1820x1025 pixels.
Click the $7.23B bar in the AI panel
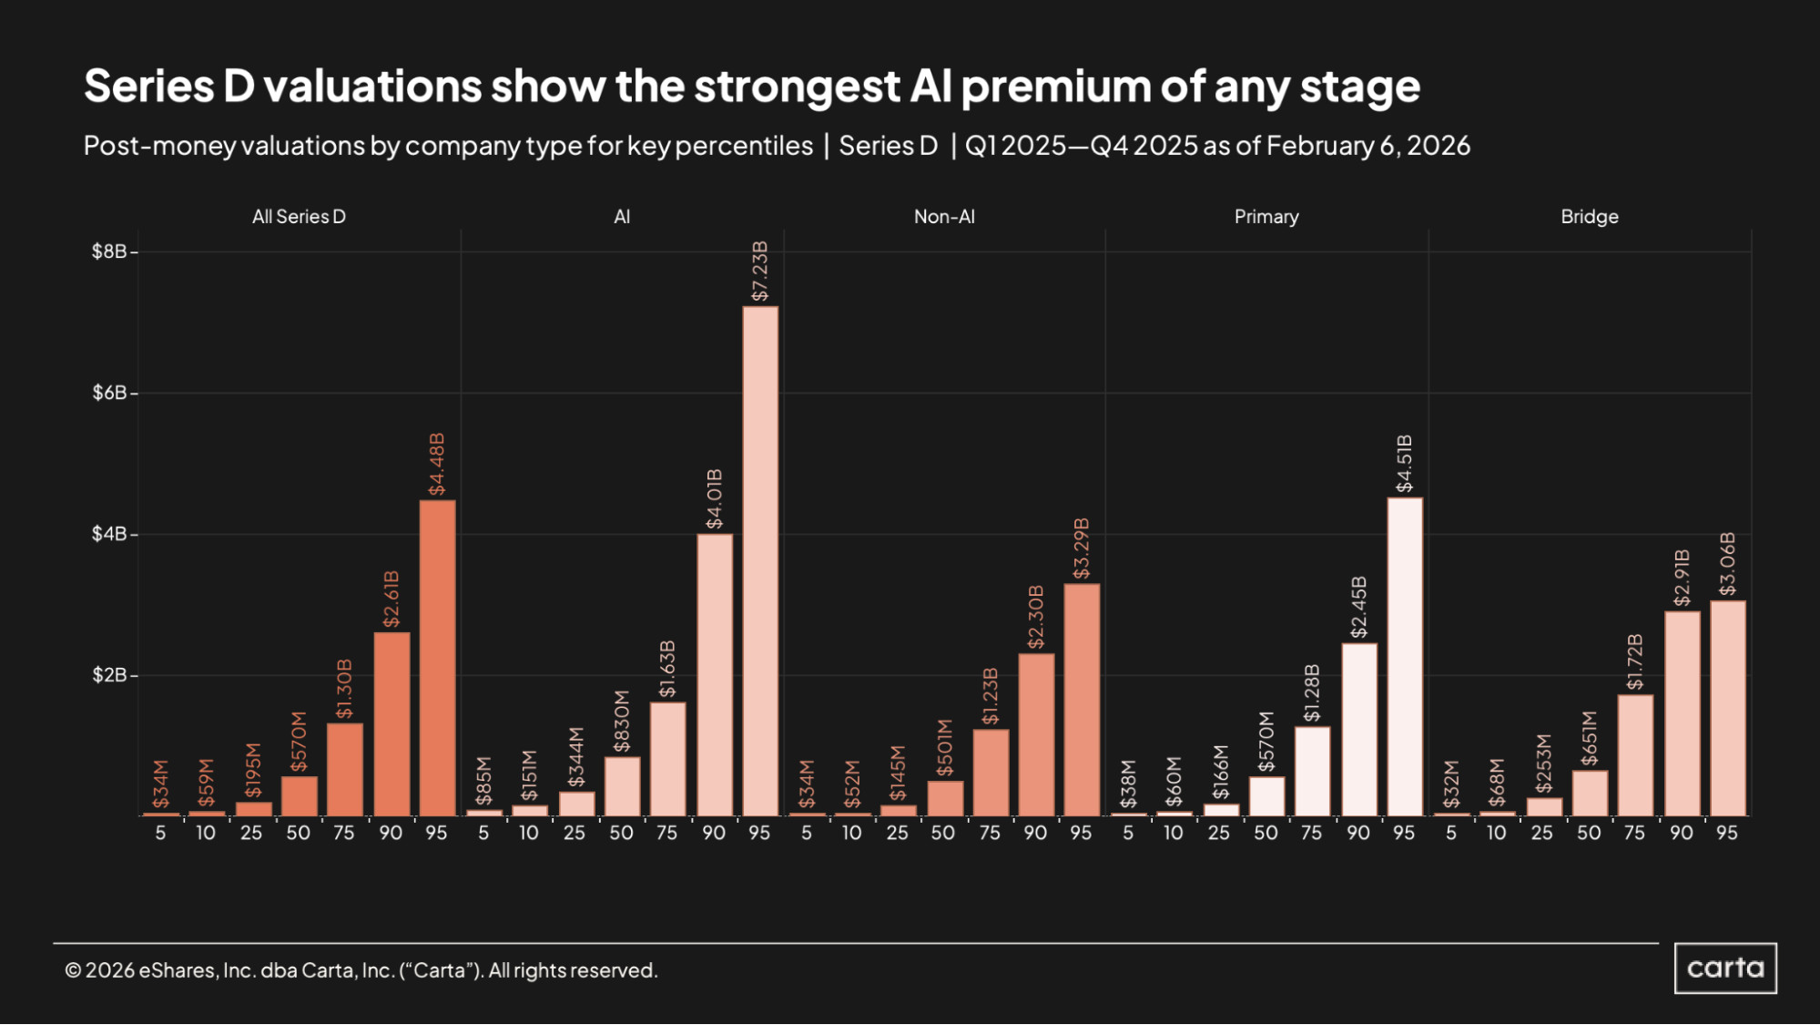click(760, 560)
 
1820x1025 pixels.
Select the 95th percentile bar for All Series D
click(437, 658)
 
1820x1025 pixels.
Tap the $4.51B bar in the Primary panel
click(1405, 656)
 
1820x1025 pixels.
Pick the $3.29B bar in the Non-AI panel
click(1082, 700)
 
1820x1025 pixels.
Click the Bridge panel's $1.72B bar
click(1635, 755)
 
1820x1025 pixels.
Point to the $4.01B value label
click(715, 499)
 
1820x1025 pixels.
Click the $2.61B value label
click(391, 599)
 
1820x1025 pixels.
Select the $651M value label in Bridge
click(1590, 739)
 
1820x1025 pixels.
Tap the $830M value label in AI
click(622, 722)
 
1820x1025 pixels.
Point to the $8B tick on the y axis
click(109, 251)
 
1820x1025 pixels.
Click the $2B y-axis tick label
click(109, 675)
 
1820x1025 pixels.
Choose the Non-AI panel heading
click(944, 217)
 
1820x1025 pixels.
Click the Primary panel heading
click(1266, 217)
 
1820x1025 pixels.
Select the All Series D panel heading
click(299, 217)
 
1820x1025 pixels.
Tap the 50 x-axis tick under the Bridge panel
click(1589, 833)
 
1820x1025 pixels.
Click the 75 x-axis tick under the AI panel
click(666, 833)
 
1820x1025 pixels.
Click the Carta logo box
click(1725, 968)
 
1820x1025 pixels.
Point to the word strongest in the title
click(797, 87)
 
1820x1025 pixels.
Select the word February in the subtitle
click(1319, 146)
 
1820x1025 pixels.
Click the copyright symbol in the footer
click(73, 970)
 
